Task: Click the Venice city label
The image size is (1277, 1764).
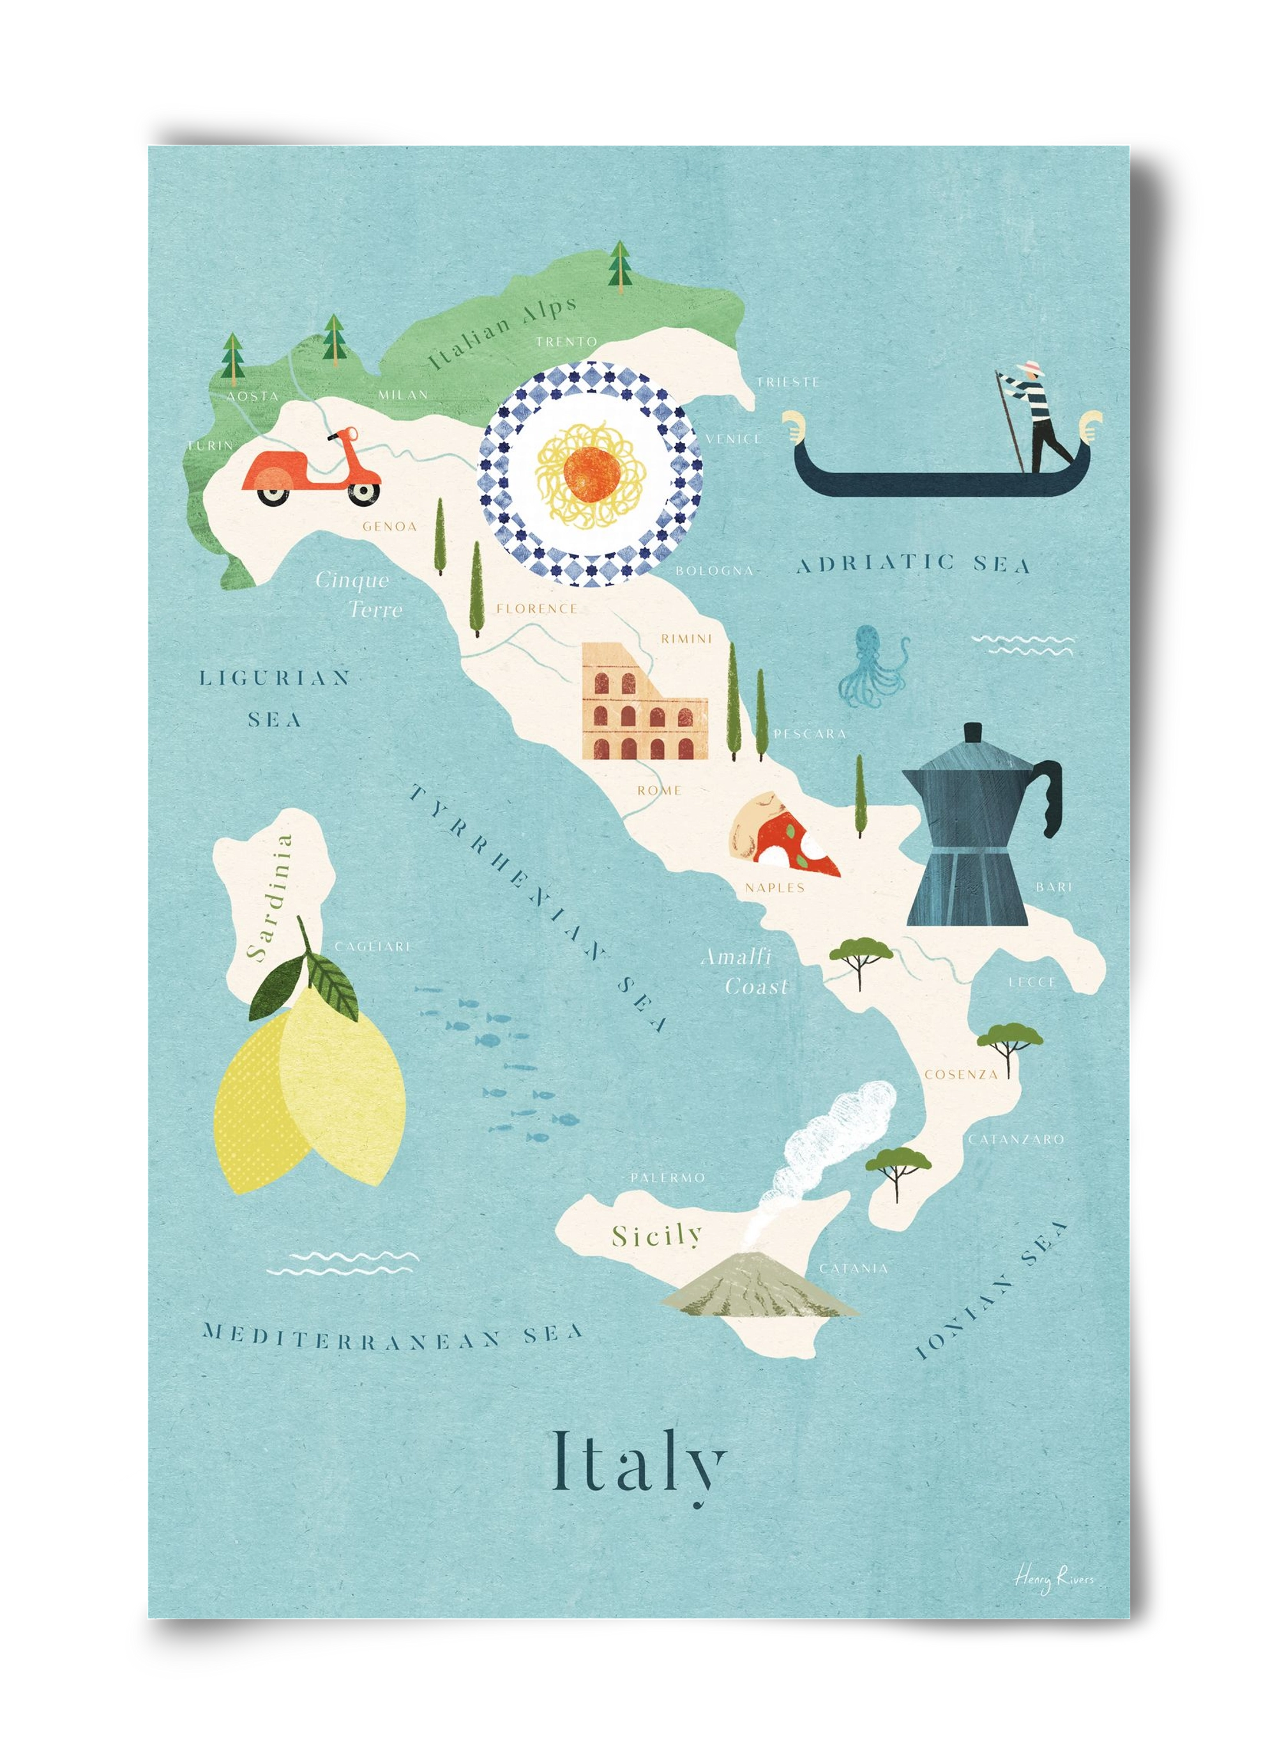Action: tap(734, 439)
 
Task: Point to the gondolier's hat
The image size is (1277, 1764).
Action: tap(1033, 366)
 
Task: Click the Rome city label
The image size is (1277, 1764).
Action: tap(659, 791)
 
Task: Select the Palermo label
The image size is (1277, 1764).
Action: tap(667, 1179)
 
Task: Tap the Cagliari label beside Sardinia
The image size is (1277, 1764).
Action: tap(371, 947)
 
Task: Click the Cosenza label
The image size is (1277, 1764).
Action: tap(960, 1075)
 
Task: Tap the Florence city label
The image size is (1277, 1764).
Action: tap(536, 608)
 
